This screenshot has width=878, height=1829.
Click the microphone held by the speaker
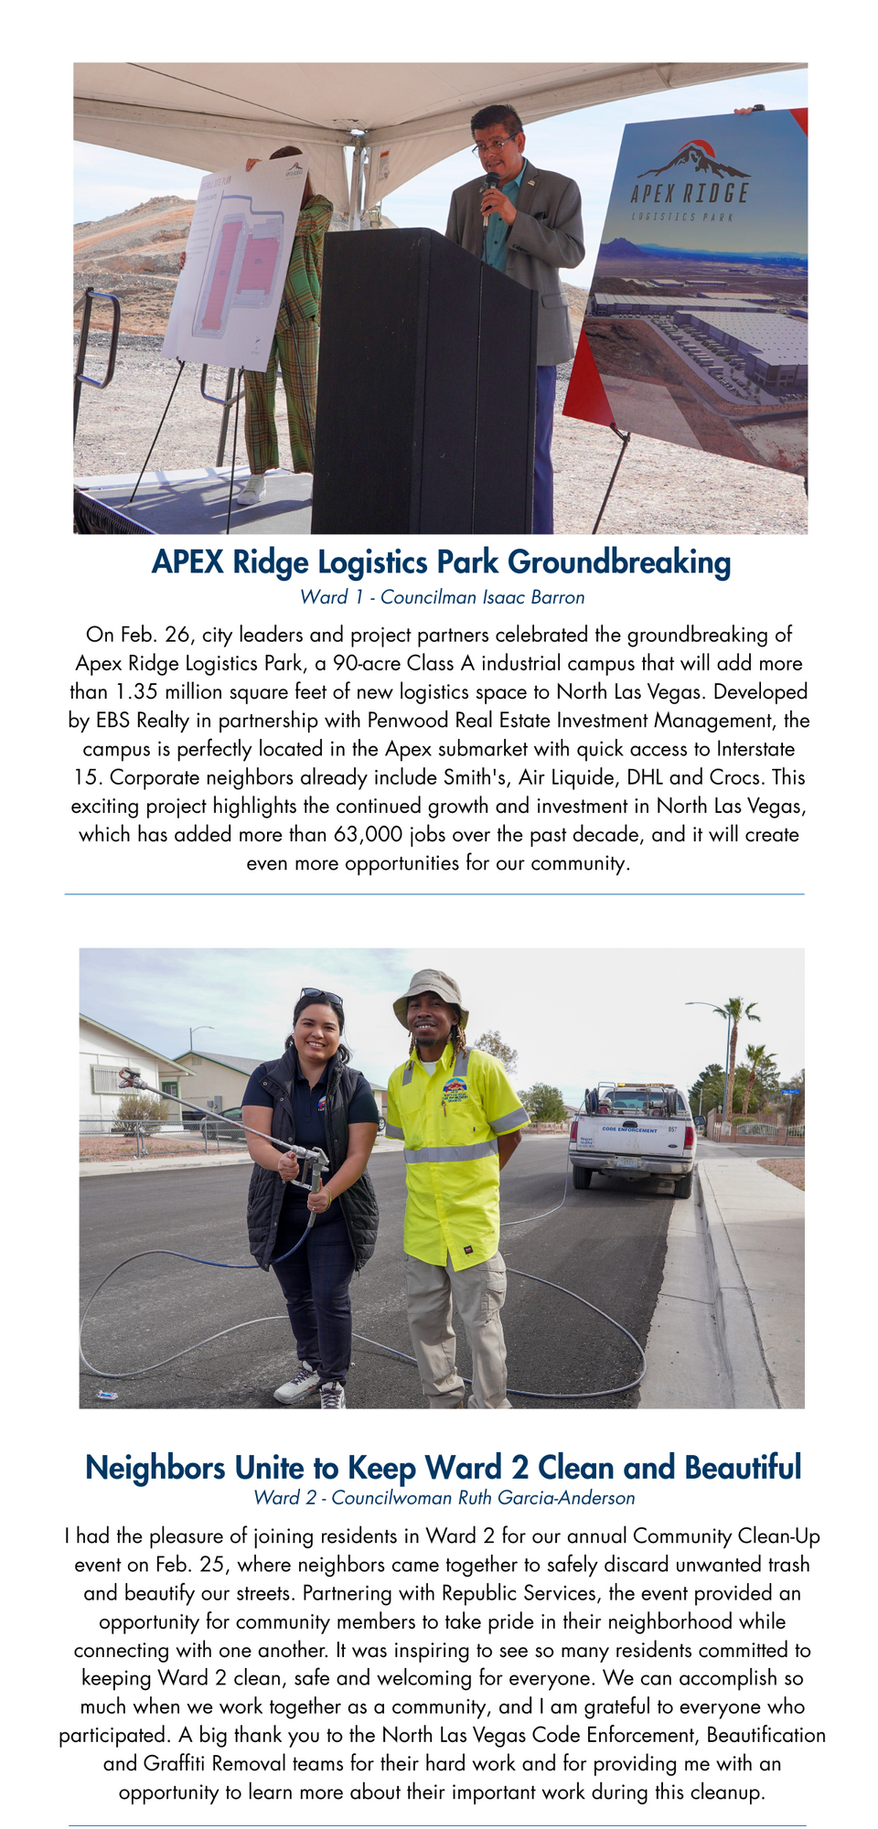(x=490, y=187)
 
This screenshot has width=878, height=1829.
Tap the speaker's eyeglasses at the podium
(x=496, y=144)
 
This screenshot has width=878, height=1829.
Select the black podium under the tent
(x=423, y=384)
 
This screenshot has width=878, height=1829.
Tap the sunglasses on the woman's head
(x=320, y=996)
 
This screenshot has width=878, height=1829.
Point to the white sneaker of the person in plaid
(x=251, y=490)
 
